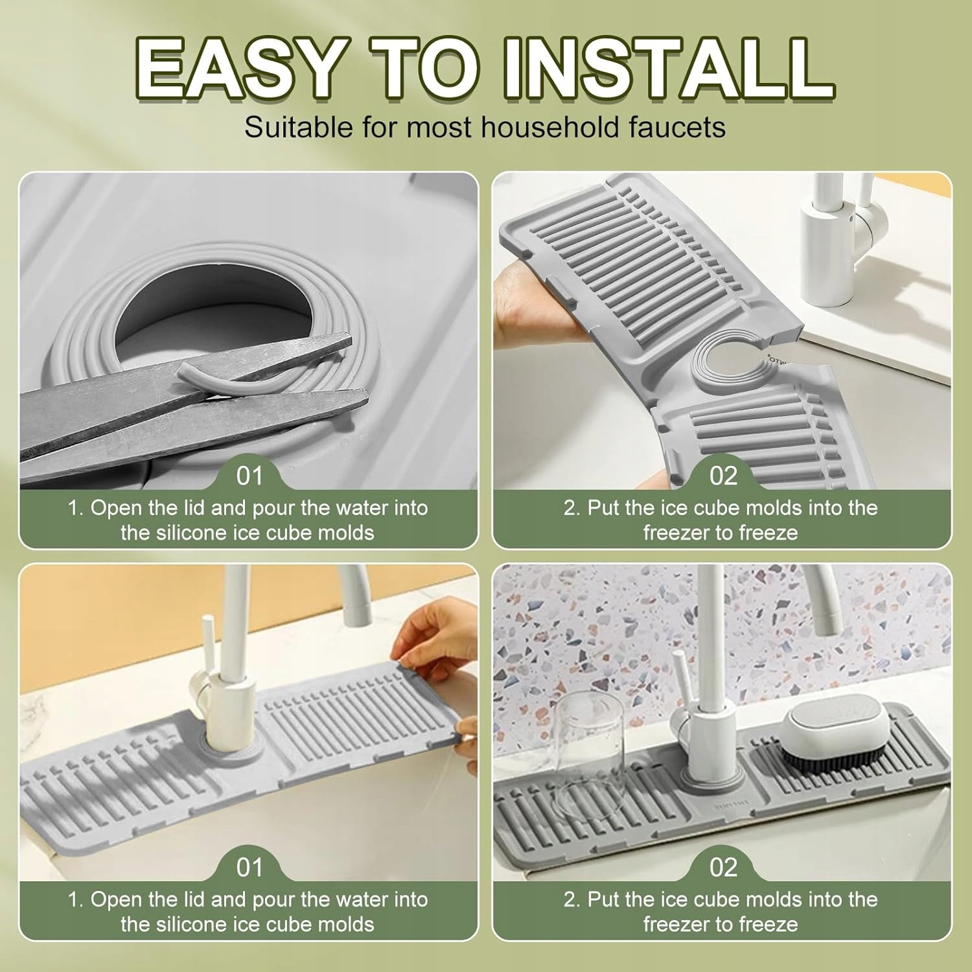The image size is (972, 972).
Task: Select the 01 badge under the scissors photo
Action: point(249,476)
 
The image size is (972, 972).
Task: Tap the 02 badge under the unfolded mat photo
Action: point(723,476)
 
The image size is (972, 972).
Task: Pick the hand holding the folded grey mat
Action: point(538,305)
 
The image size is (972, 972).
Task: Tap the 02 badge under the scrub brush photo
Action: point(723,868)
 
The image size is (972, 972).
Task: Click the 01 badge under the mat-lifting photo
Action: point(249,868)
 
